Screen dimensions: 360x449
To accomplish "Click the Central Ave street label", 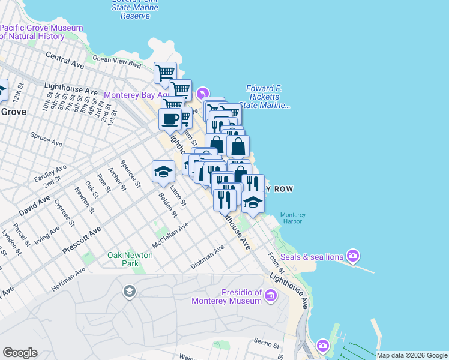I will [x=65, y=59].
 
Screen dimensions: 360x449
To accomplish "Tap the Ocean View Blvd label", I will [x=116, y=60].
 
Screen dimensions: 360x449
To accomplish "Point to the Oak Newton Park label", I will [x=130, y=259].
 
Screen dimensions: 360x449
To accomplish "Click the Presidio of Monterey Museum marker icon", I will [x=270, y=295].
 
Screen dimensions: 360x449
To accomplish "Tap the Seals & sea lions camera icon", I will [x=352, y=256].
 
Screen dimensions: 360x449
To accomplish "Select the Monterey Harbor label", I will [x=293, y=218].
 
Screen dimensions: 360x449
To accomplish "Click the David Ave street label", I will [x=35, y=205].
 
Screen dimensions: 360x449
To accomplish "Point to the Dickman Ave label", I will [x=206, y=256].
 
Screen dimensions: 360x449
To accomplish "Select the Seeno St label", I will [x=267, y=345].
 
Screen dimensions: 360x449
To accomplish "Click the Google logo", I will [x=20, y=353].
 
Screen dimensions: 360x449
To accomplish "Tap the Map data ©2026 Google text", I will [x=412, y=355].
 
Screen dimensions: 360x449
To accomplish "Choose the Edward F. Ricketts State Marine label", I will [x=267, y=97].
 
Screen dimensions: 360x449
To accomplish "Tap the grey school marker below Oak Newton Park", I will [x=128, y=292].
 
